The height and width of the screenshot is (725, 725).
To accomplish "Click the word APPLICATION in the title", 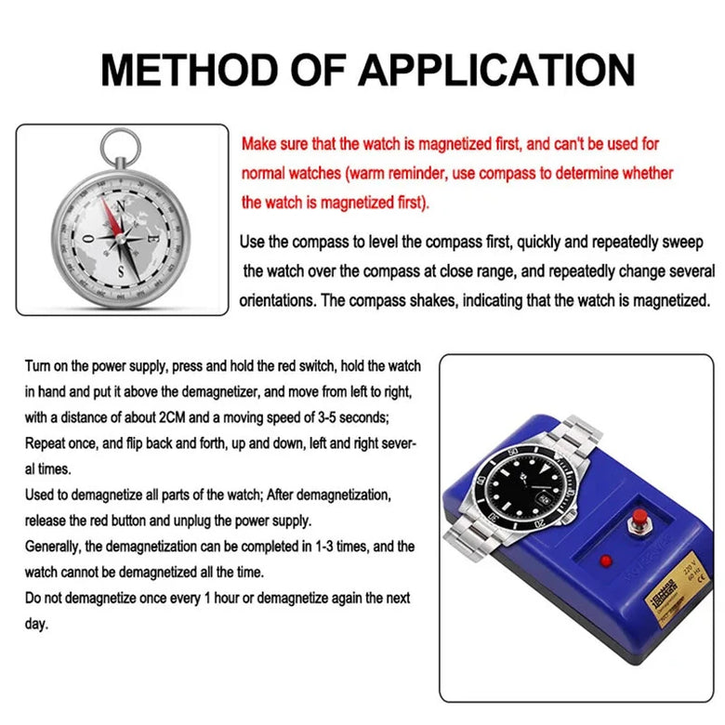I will [496, 71].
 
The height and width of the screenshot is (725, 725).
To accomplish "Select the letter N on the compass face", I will [119, 207].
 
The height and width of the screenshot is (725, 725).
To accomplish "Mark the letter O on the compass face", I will [88, 237].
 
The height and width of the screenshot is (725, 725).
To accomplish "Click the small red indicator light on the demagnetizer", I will [605, 560].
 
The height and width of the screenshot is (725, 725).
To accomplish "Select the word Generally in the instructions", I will [59, 547].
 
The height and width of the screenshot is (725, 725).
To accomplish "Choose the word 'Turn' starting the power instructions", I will [39, 366].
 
